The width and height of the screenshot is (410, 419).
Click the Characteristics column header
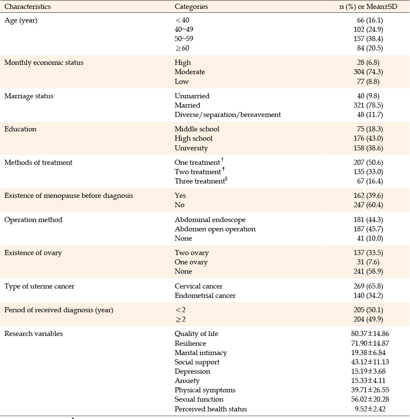click(x=28, y=6)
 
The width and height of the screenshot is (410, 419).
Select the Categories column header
click(x=191, y=7)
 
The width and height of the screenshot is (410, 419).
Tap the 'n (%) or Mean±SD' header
click(x=368, y=7)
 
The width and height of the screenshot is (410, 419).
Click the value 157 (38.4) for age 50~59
click(x=368, y=39)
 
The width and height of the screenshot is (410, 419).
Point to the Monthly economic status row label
click(x=44, y=63)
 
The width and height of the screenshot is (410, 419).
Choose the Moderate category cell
click(x=190, y=72)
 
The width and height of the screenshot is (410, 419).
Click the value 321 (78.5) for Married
click(x=368, y=105)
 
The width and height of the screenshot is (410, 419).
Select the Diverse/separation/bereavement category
click(x=228, y=115)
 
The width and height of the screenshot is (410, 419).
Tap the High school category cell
click(x=193, y=139)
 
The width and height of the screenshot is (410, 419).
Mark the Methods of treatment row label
click(x=38, y=162)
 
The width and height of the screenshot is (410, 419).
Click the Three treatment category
click(x=201, y=181)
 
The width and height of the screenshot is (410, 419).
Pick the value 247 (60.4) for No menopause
click(x=368, y=205)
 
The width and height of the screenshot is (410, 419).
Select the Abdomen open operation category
click(x=215, y=229)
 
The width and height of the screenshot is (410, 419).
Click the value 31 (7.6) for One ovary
click(x=370, y=262)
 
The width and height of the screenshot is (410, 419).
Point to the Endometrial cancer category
click(x=205, y=296)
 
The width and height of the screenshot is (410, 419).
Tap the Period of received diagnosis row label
click(x=59, y=310)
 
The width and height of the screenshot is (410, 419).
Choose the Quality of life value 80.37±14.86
click(x=370, y=333)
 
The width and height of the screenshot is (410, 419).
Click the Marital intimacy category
click(x=201, y=353)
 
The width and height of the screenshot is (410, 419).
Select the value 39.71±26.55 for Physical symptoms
click(x=370, y=390)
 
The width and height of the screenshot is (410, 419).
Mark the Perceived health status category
click(x=211, y=409)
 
